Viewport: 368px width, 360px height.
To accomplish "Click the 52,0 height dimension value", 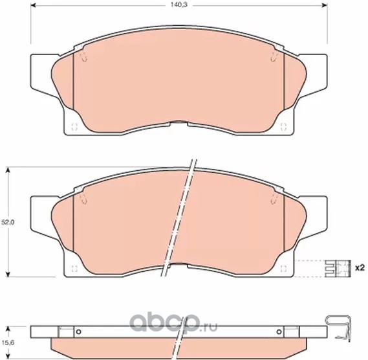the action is click(8, 222).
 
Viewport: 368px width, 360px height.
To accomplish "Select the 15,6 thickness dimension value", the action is click(8, 343).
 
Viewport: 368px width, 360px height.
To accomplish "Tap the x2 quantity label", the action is click(360, 268).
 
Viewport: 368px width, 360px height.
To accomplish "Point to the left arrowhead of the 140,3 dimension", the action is click(34, 5).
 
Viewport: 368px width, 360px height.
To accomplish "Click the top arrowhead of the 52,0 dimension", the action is click(8, 170).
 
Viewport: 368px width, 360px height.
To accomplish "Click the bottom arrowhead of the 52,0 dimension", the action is click(8, 273).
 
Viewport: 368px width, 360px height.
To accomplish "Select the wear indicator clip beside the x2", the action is click(338, 268).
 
